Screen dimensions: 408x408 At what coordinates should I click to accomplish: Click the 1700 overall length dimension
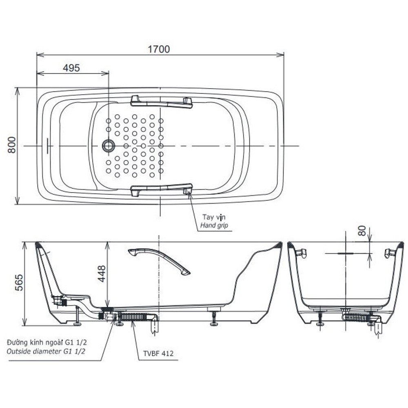[159, 49]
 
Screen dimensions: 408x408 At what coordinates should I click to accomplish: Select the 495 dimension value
[71, 68]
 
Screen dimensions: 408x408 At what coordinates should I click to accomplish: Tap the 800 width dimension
[11, 145]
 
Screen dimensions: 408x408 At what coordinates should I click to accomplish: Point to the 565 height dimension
[19, 283]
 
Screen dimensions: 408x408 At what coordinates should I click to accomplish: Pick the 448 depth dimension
[102, 273]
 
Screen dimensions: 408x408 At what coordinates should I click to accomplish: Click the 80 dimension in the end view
[361, 231]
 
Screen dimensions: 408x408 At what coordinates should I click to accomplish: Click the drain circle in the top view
[108, 146]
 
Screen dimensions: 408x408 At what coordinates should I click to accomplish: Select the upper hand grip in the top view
[161, 102]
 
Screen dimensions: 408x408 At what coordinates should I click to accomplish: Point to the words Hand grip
[214, 225]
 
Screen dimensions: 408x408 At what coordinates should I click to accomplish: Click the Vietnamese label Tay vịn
[214, 217]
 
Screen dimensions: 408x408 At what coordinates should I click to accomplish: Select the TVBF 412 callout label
[158, 353]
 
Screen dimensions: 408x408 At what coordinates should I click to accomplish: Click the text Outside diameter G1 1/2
[46, 352]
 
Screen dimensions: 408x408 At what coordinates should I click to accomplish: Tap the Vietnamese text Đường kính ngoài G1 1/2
[47, 342]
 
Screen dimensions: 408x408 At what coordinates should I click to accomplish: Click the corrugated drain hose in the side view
[133, 317]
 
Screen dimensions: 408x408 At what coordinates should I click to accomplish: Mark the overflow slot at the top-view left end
[47, 146]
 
